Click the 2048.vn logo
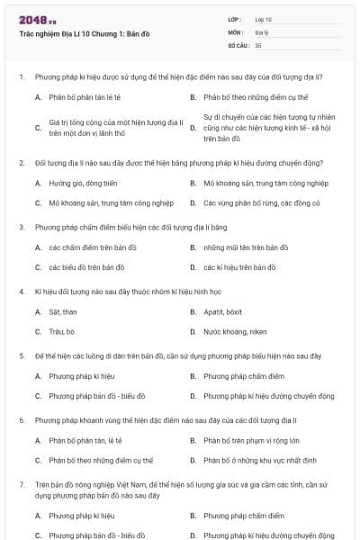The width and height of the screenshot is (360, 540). [x=32, y=18]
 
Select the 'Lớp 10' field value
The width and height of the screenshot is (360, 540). [x=264, y=18]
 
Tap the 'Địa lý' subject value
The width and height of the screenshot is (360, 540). [x=262, y=31]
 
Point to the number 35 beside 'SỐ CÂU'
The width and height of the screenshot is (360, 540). [x=258, y=44]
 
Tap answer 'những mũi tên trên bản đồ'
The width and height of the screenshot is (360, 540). [x=246, y=247]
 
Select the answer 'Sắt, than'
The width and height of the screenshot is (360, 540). [x=63, y=311]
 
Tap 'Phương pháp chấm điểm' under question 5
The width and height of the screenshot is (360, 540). [x=243, y=375]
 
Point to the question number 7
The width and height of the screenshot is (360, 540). [x=21, y=484]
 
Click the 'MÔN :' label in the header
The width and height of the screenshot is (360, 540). [x=237, y=31]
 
